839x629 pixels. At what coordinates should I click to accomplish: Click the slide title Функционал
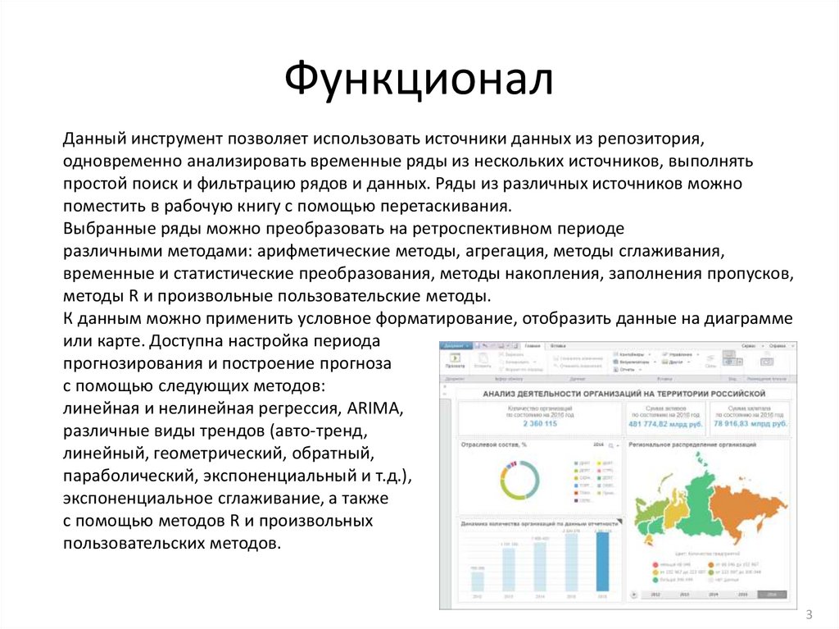coord(419,80)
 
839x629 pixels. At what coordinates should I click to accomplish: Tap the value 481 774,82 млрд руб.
coord(666,423)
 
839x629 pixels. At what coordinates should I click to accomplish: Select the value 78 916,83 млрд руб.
coord(750,423)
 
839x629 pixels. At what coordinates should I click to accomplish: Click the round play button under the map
coord(633,595)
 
